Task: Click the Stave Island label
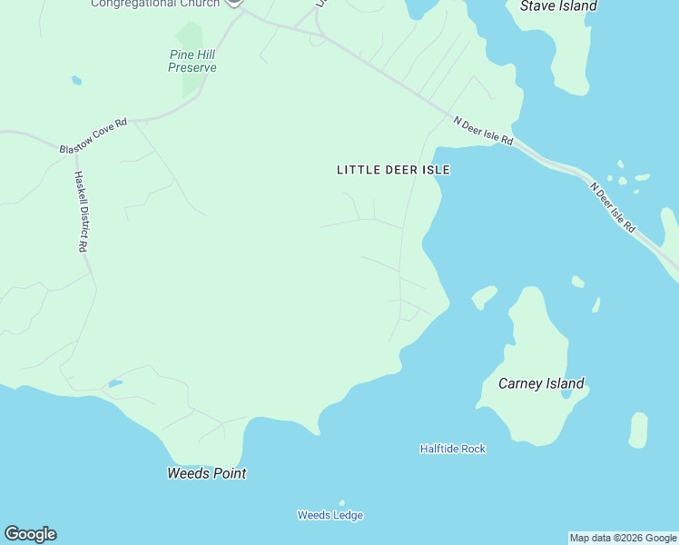pos(558,6)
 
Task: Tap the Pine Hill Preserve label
pos(192,61)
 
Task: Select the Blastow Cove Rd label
pos(93,134)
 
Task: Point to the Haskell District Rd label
pos(81,212)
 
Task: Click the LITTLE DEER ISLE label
pos(393,170)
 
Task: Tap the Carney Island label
pos(541,383)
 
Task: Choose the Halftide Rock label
pos(452,449)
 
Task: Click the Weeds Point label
pos(207,473)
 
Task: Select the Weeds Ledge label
pos(330,515)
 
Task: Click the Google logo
pos(30,534)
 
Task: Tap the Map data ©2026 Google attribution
pos(623,538)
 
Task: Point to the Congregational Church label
pos(155,4)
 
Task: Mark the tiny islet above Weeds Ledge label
pos(342,502)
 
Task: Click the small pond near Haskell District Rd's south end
pos(115,384)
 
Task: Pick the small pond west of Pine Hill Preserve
pos(76,81)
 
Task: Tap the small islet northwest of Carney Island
pos(484,296)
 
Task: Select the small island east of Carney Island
pos(638,430)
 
